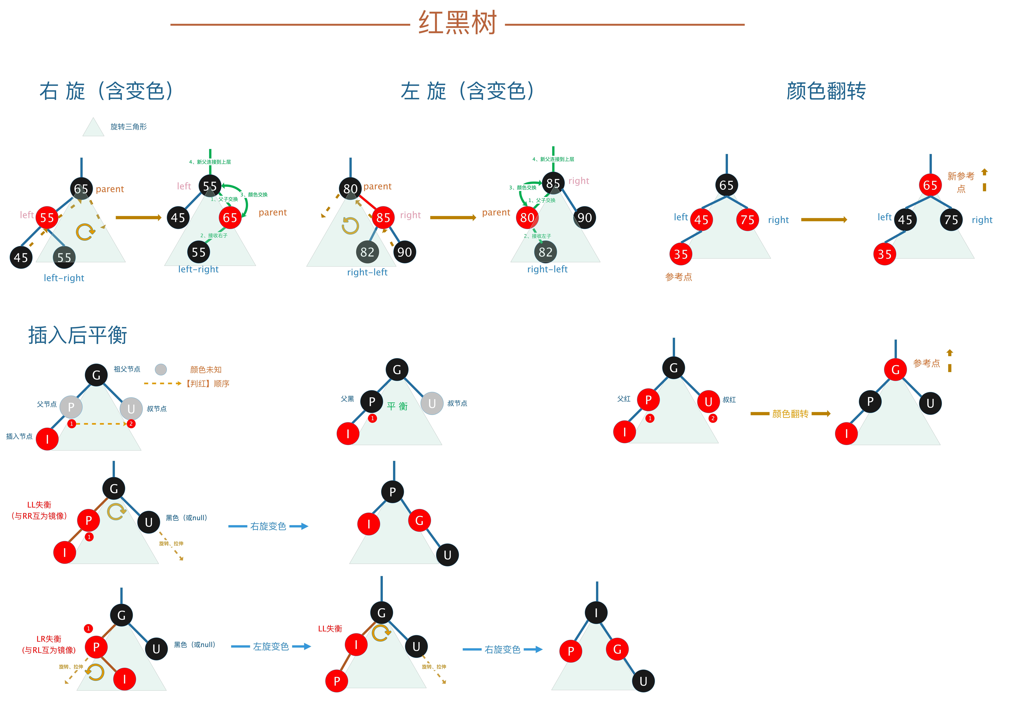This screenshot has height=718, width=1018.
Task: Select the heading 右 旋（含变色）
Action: pos(106,91)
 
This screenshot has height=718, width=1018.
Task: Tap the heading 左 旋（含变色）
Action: pos(468,91)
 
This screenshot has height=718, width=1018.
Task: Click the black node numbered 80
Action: pos(350,189)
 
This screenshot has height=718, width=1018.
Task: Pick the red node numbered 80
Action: pos(527,217)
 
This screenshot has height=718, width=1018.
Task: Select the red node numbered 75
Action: pos(748,220)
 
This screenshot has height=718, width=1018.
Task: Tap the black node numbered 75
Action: pos(951,220)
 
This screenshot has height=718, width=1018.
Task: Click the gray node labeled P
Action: pos(71,407)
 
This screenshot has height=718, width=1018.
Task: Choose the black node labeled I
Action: pos(596,612)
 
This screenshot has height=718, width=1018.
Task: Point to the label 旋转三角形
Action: pos(129,127)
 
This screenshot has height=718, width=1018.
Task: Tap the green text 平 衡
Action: pos(397,406)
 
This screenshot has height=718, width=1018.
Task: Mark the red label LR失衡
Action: pos(49,639)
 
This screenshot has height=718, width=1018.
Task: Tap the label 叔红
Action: pos(729,400)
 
